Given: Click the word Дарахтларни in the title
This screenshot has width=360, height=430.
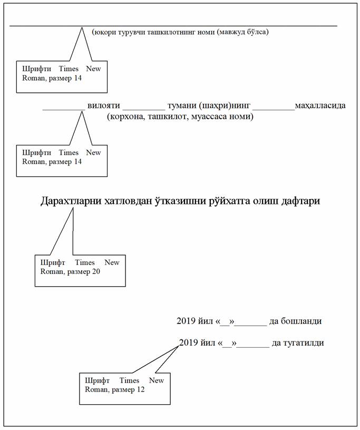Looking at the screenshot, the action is point(71,201).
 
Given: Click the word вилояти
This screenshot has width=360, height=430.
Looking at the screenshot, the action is point(104,105).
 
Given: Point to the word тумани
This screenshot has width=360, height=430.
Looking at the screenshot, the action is point(182,105).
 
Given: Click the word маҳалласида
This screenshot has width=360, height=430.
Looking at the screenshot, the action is point(320,105).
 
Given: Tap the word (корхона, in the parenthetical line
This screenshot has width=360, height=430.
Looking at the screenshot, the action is point(127,116).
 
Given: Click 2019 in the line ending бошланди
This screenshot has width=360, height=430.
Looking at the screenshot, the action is point(186,320).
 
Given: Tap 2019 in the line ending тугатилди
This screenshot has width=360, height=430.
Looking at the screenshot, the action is point(188,343).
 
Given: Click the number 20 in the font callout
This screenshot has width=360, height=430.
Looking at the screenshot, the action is point(96,271).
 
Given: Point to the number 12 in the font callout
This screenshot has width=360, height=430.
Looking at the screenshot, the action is point(141,389).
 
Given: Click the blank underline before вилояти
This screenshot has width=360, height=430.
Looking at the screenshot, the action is point(64,109).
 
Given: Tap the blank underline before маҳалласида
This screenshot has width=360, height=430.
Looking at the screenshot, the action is point(274,109).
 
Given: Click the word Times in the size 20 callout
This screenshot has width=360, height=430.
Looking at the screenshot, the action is point(85,262).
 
